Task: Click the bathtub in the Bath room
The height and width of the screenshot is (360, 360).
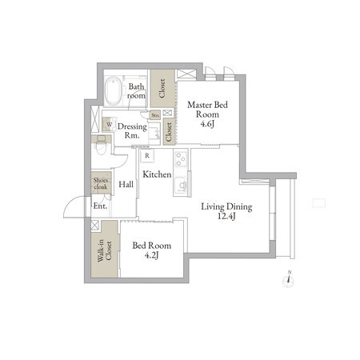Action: (113, 90)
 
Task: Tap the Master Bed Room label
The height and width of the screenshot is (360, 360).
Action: (207, 110)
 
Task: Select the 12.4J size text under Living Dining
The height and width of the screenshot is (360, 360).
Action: (226, 216)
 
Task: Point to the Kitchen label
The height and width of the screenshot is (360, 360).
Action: (157, 174)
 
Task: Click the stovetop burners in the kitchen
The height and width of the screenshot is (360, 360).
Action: (181, 158)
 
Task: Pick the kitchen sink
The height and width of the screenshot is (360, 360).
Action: (182, 185)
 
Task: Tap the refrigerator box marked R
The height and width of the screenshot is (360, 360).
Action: (147, 156)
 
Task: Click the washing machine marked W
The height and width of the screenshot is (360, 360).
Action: (109, 125)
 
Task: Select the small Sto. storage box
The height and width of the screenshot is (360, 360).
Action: (155, 115)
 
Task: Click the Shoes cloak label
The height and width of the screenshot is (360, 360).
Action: (101, 183)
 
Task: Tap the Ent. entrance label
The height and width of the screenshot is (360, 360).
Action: (100, 206)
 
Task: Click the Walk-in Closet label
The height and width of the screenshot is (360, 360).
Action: (104, 251)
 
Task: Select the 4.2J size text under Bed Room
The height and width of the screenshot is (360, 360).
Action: (152, 255)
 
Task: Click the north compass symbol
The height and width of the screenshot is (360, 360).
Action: (288, 280)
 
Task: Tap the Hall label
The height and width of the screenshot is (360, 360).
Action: (126, 184)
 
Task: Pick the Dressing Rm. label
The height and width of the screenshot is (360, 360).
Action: (132, 130)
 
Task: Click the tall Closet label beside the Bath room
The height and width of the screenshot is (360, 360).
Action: (162, 88)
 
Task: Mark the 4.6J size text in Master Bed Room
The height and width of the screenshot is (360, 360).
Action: (207, 124)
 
